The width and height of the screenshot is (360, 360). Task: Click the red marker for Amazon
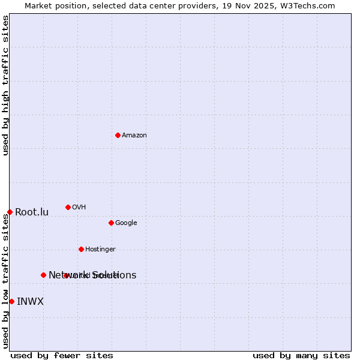118,135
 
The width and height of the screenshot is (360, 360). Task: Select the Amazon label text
134,136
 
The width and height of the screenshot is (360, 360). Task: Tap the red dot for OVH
68,207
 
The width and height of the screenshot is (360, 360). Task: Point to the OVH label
79,208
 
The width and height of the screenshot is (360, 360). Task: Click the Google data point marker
111,223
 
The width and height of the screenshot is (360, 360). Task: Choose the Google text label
126,223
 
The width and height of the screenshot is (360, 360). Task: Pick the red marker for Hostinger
81,249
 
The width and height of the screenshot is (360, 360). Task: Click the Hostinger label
100,250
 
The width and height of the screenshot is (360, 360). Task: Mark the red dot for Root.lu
10,212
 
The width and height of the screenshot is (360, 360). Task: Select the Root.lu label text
32,212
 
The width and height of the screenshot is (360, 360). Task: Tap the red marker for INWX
11,301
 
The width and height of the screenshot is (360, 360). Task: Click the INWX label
30,302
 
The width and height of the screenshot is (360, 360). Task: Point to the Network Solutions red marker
43,275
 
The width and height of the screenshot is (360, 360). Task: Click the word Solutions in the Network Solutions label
114,275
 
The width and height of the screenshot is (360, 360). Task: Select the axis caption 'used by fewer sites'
62,356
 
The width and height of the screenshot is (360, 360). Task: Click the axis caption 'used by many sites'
301,356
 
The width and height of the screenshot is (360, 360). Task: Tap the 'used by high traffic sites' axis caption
5,85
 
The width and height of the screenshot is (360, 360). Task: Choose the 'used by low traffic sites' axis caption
5,281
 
